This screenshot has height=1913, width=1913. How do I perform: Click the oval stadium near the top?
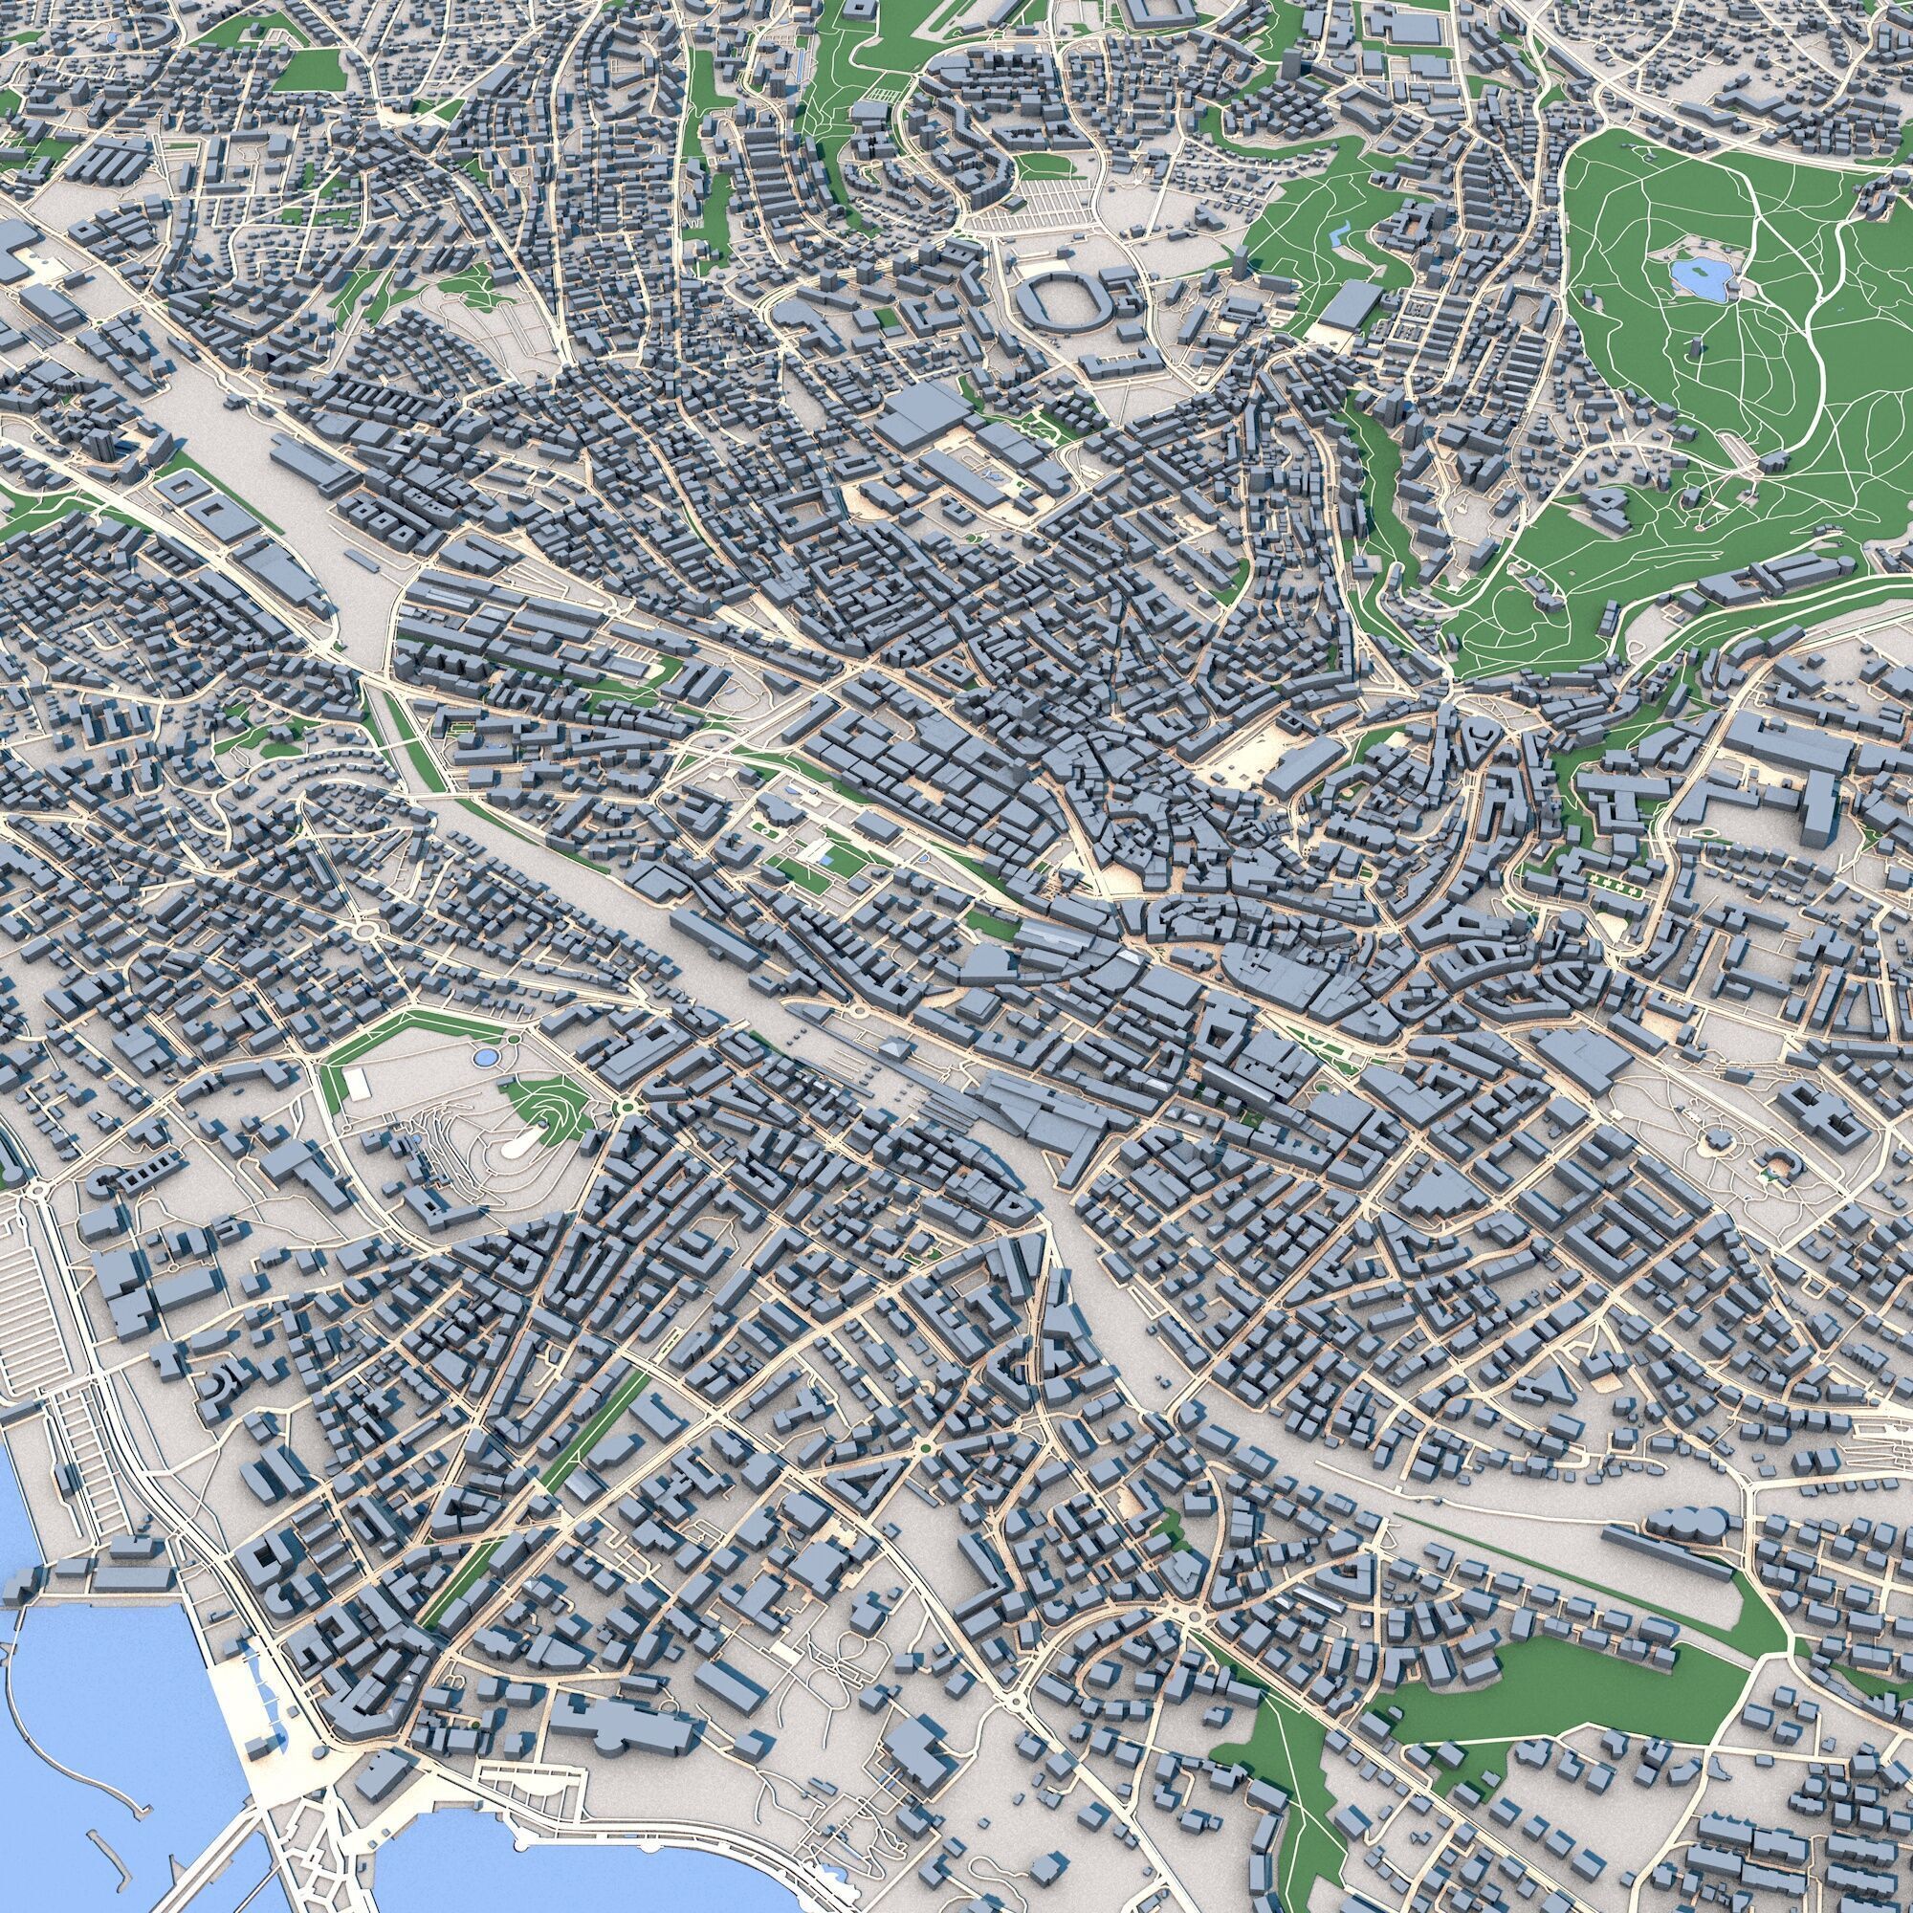click(1057, 299)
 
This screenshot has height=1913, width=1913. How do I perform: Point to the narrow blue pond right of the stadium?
click(1341, 235)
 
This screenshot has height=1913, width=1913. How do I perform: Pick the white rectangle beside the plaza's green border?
click(357, 1085)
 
